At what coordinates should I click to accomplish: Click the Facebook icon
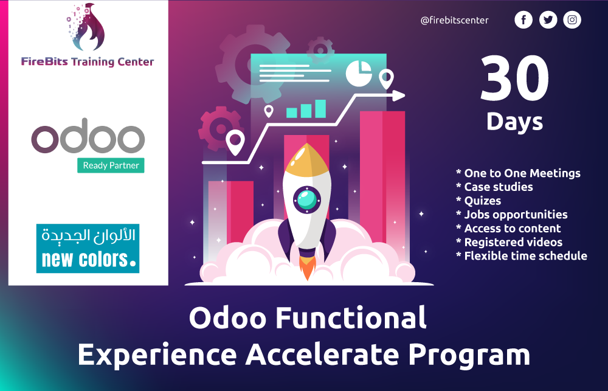click(x=523, y=20)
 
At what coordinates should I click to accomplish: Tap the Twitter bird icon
click(x=548, y=20)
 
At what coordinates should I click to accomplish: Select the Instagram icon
click(x=572, y=20)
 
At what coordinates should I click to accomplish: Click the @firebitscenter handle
click(x=454, y=20)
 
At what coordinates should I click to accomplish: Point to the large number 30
click(x=514, y=78)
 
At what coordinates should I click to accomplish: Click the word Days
click(x=514, y=122)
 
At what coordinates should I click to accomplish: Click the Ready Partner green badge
click(x=111, y=165)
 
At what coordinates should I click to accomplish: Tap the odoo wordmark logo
click(x=88, y=139)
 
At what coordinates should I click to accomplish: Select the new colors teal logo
click(x=88, y=248)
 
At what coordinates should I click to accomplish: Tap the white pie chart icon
click(x=358, y=73)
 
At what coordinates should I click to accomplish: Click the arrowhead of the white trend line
click(x=399, y=95)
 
